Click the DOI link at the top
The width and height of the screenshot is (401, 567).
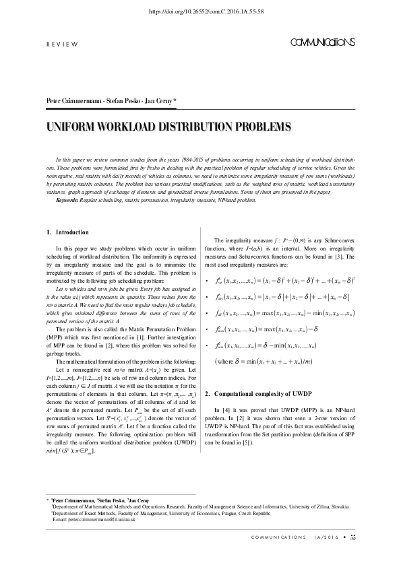pyautogui.click(x=200, y=11)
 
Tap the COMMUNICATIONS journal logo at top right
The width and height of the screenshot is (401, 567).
pyautogui.click(x=322, y=43)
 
